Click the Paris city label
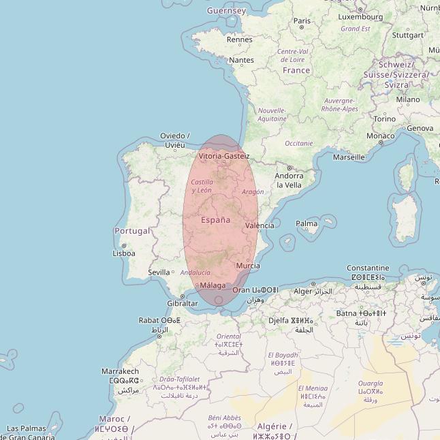(302, 20)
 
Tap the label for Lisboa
(124, 253)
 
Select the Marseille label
(348, 157)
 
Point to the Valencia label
(260, 225)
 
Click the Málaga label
(213, 285)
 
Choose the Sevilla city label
(159, 272)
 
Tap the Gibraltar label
(182, 304)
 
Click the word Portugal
(132, 231)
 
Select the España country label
(215, 220)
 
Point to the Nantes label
(241, 60)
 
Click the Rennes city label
(239, 40)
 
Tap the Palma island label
(307, 223)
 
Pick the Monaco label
(380, 136)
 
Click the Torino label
(384, 119)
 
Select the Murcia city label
(247, 266)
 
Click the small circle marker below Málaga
(219, 300)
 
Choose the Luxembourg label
(360, 17)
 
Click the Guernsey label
(226, 11)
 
